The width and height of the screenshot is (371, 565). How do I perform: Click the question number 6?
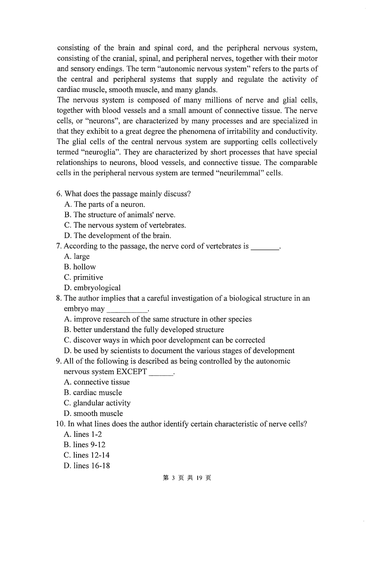coord(59,194)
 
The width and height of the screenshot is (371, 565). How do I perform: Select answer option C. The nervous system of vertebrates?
coord(125,225)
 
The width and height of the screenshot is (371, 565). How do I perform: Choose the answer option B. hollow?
coord(80,267)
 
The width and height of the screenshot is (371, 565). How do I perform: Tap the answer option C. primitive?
coord(83,278)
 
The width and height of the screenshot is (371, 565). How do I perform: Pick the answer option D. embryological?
coord(92,288)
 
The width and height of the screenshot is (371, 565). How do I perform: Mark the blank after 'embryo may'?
coord(127,310)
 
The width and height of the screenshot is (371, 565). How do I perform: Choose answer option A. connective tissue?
coord(96,382)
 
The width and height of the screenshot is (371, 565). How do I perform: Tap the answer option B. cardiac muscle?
coord(93,393)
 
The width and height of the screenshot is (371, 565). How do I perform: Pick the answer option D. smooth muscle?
coord(93,414)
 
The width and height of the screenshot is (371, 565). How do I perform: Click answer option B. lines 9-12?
coord(84,445)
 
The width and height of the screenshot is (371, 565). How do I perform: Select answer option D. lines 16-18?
coord(86,466)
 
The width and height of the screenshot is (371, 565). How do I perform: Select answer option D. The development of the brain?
coord(118,236)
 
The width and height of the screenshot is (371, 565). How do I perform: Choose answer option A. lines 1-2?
coord(82,434)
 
